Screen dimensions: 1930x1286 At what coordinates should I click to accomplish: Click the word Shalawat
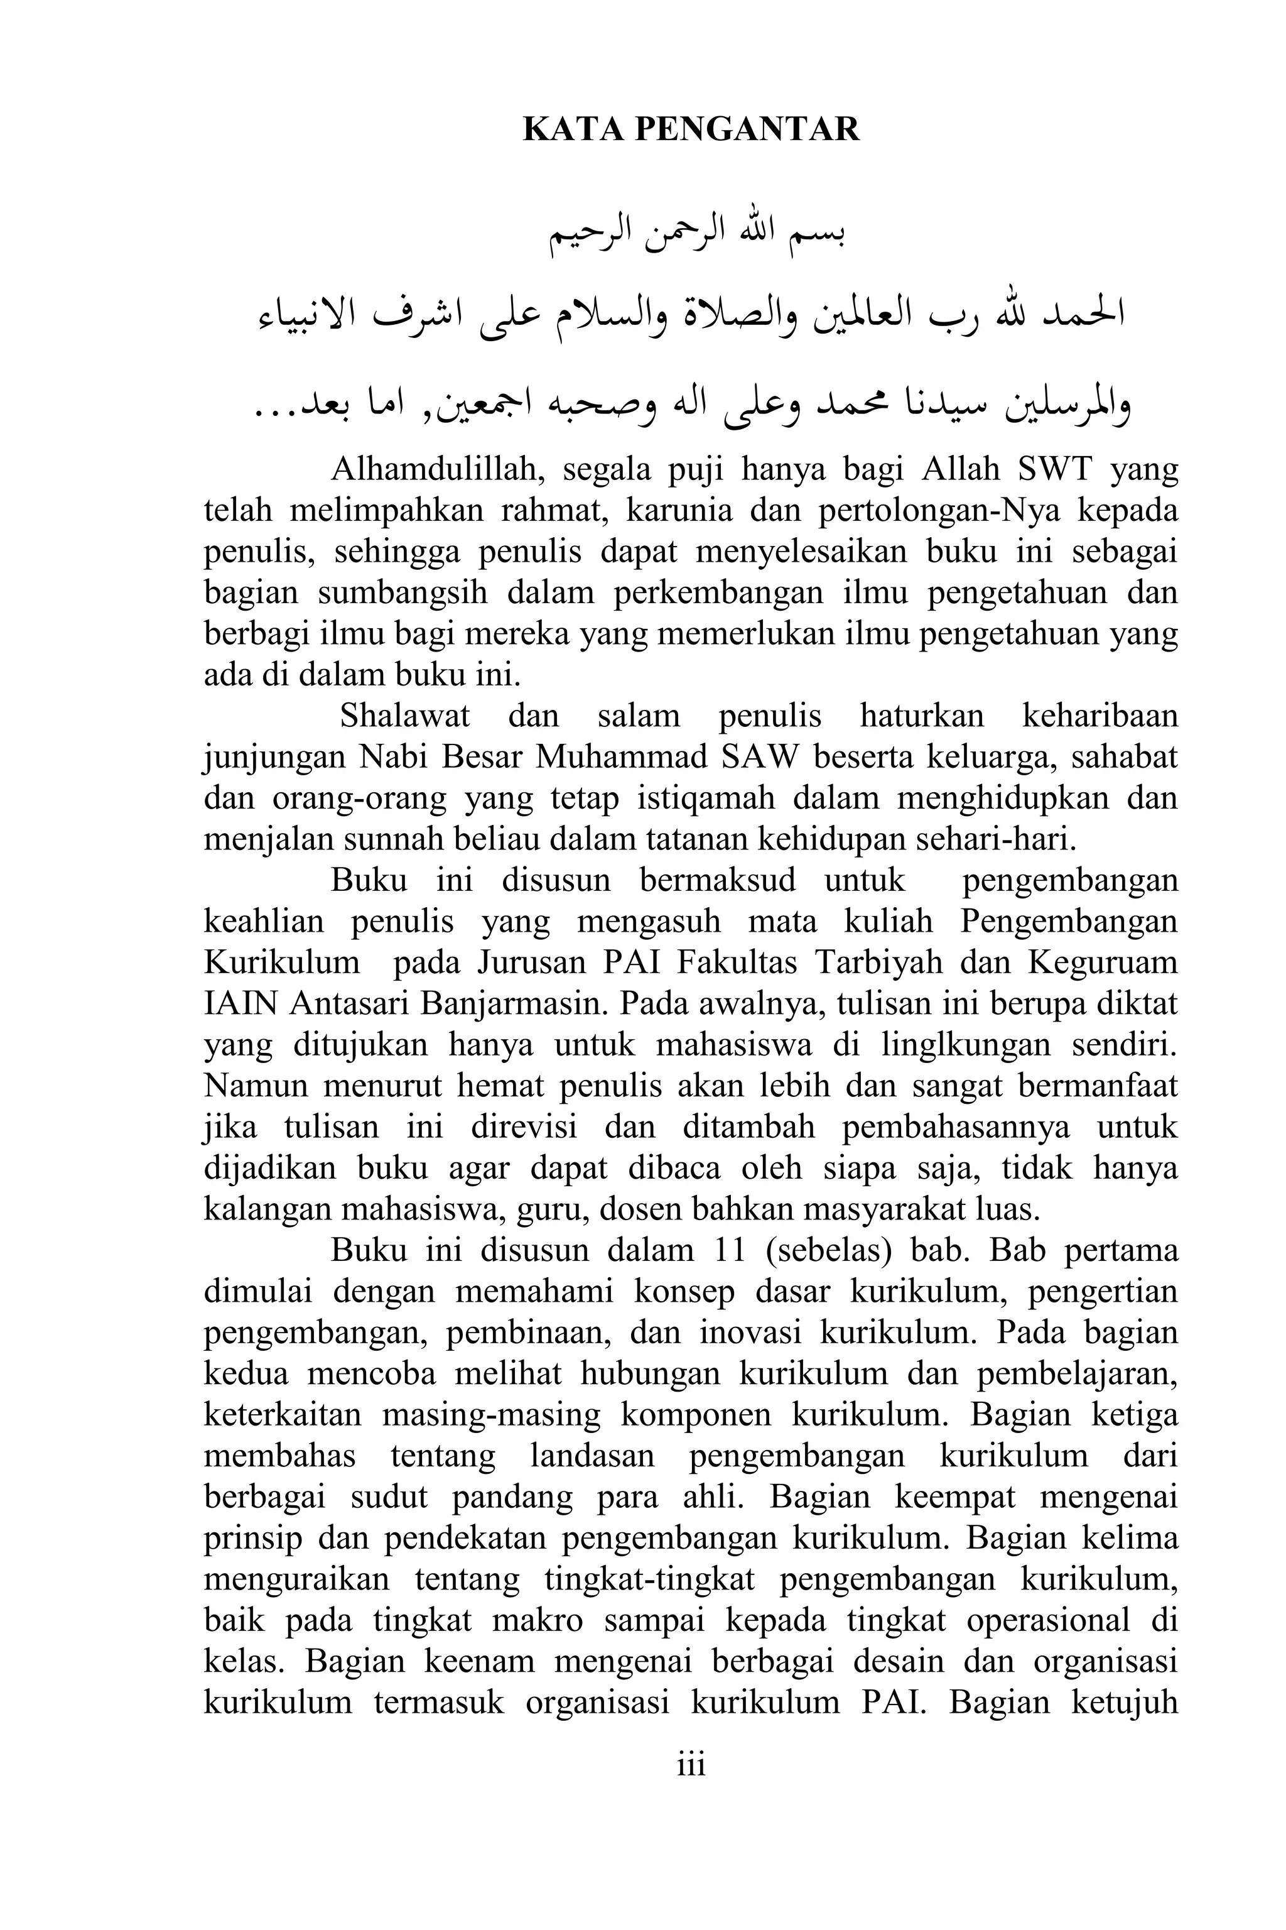click(405, 716)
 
